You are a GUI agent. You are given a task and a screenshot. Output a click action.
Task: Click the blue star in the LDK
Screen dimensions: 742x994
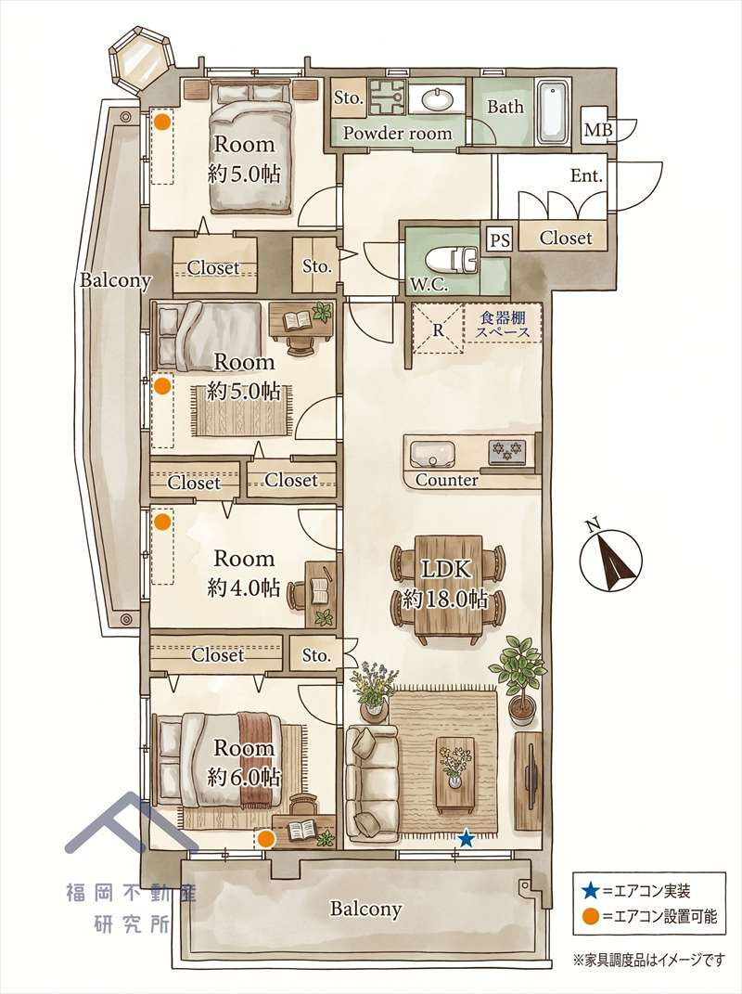[x=467, y=839]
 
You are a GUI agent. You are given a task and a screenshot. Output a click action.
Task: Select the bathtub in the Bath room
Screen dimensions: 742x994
[x=553, y=112]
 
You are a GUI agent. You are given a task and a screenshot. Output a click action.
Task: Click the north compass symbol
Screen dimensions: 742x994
[x=610, y=557]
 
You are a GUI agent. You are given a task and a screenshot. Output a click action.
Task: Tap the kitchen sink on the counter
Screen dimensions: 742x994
[x=432, y=454]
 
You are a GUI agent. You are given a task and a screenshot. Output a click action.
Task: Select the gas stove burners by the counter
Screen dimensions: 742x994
[x=507, y=451]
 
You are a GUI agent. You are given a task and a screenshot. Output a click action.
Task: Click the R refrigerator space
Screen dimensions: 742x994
[x=438, y=329]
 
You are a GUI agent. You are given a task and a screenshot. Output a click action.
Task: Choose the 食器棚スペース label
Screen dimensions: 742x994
[x=503, y=324]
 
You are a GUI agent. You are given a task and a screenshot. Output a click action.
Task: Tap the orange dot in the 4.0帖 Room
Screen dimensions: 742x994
[x=163, y=522]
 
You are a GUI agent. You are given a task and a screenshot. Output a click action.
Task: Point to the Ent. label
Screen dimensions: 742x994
[x=586, y=175]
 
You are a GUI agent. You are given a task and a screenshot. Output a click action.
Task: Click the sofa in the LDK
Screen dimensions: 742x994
[x=371, y=784]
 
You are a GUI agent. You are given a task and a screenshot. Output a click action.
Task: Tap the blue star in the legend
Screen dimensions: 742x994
[x=590, y=891]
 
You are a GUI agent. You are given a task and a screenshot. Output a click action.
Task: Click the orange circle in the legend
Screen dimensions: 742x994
[x=591, y=915]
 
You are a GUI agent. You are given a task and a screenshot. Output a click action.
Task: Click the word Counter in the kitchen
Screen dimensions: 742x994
[x=447, y=480]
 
